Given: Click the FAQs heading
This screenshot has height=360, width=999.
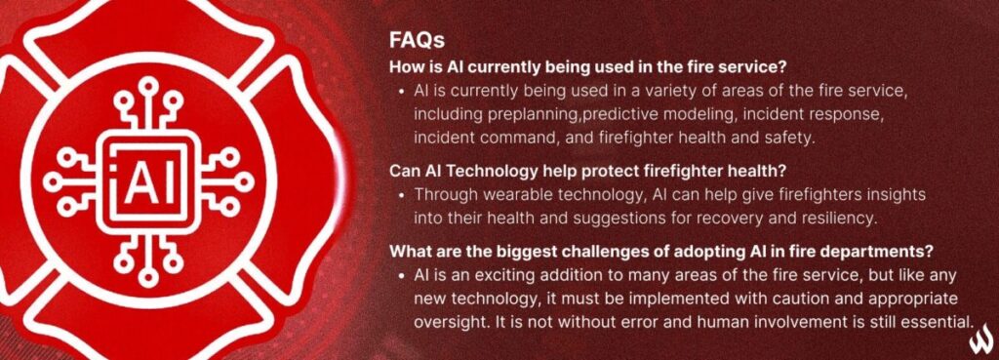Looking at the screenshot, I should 417,41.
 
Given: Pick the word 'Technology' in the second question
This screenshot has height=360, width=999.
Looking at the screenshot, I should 499,170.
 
